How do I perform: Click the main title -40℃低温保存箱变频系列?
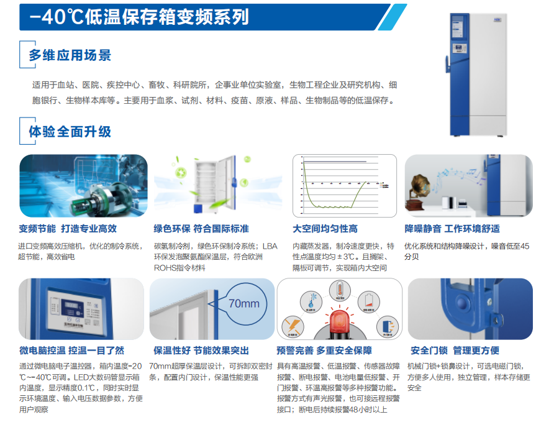144,17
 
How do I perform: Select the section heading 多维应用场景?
70,55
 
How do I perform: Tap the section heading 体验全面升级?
70,131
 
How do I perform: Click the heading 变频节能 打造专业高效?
68,229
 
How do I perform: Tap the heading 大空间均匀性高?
325,229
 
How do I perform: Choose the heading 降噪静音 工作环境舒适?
452,229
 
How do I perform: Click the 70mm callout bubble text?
244,304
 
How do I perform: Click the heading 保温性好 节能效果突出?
201,351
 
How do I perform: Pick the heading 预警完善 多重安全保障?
332,351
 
